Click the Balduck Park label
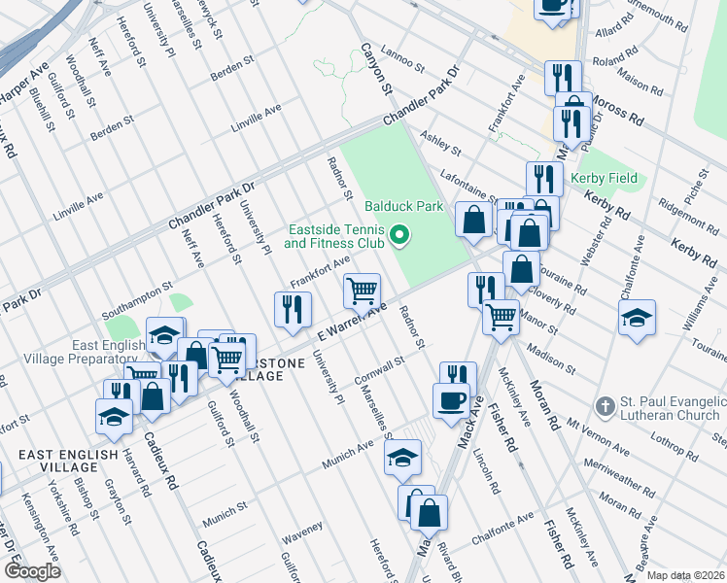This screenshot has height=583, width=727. click(404, 206)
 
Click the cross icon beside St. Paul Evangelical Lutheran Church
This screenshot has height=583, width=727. click(604, 404)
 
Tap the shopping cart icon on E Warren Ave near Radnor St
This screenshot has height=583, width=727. click(362, 290)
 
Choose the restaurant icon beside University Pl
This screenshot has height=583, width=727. click(293, 308)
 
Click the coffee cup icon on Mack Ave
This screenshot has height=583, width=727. click(451, 400)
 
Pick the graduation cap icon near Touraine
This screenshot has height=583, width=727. click(637, 318)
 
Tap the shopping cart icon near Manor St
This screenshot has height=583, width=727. click(501, 316)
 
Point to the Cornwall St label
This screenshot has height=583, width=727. click(380, 368)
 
